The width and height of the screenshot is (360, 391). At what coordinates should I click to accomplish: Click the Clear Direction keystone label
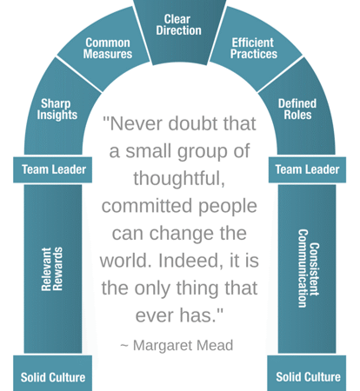[x=178, y=25]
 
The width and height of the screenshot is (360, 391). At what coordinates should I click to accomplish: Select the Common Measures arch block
[x=104, y=50]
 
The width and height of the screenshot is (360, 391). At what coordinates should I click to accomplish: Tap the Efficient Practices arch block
[x=255, y=50]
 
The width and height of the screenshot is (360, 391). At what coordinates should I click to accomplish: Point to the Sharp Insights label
[x=57, y=109]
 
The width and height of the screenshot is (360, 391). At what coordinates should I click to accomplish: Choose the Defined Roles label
[x=297, y=109]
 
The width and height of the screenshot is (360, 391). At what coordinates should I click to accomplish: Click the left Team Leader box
[x=53, y=169]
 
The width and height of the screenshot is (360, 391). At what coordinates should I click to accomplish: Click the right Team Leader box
[x=307, y=169]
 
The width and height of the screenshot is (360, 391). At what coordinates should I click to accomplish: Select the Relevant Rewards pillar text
[x=52, y=268]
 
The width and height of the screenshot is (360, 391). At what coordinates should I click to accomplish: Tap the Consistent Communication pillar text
[x=309, y=268]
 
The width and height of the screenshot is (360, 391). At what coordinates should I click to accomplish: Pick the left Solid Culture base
[x=53, y=374]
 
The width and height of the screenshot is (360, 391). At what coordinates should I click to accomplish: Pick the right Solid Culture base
[x=307, y=374]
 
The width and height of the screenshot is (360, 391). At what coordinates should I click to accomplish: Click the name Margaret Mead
[x=183, y=345]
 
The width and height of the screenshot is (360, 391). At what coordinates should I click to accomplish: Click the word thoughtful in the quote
[x=179, y=178]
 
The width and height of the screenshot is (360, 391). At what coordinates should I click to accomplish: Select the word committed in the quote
[x=147, y=206]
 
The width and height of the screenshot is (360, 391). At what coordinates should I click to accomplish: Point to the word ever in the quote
[x=155, y=315]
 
